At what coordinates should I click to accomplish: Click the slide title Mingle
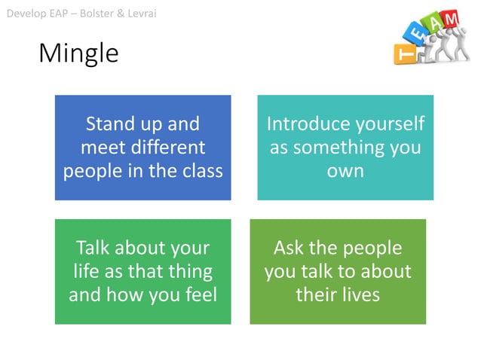coord(78,53)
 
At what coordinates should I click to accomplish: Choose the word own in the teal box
coord(345,170)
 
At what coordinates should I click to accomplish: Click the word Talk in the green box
coord(94,248)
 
